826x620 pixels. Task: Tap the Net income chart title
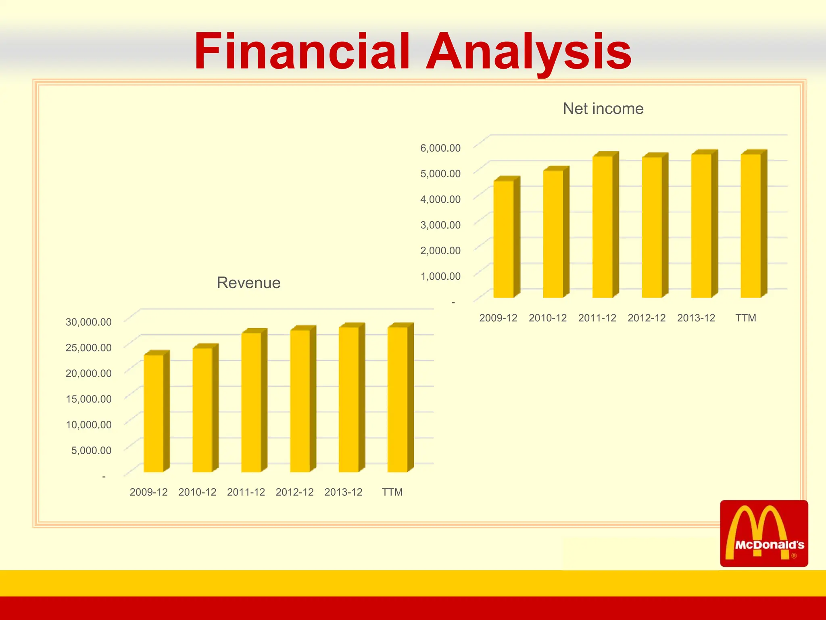coord(603,109)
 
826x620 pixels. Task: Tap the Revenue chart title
coord(248,283)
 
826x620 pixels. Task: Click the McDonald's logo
coord(764,533)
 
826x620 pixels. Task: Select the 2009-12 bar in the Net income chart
coord(504,239)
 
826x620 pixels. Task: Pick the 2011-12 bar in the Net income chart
coord(603,227)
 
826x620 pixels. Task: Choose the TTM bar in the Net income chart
coord(751,226)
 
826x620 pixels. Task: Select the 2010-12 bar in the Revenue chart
coord(202,410)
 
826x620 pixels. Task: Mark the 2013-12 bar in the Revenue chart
coord(349,399)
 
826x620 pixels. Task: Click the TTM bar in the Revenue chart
coord(398,399)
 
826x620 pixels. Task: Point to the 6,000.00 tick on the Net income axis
coord(440,148)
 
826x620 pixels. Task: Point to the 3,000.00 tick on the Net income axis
coord(440,225)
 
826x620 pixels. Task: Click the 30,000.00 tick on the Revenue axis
coord(89,322)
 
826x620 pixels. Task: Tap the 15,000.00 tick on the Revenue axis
coord(89,399)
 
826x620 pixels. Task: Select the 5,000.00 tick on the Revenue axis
coord(92,450)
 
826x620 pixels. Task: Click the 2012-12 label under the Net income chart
coord(647,318)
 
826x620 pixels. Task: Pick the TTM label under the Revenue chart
coord(392,492)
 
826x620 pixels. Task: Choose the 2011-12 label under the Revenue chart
coord(246,492)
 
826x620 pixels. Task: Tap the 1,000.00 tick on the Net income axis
coord(440,276)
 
